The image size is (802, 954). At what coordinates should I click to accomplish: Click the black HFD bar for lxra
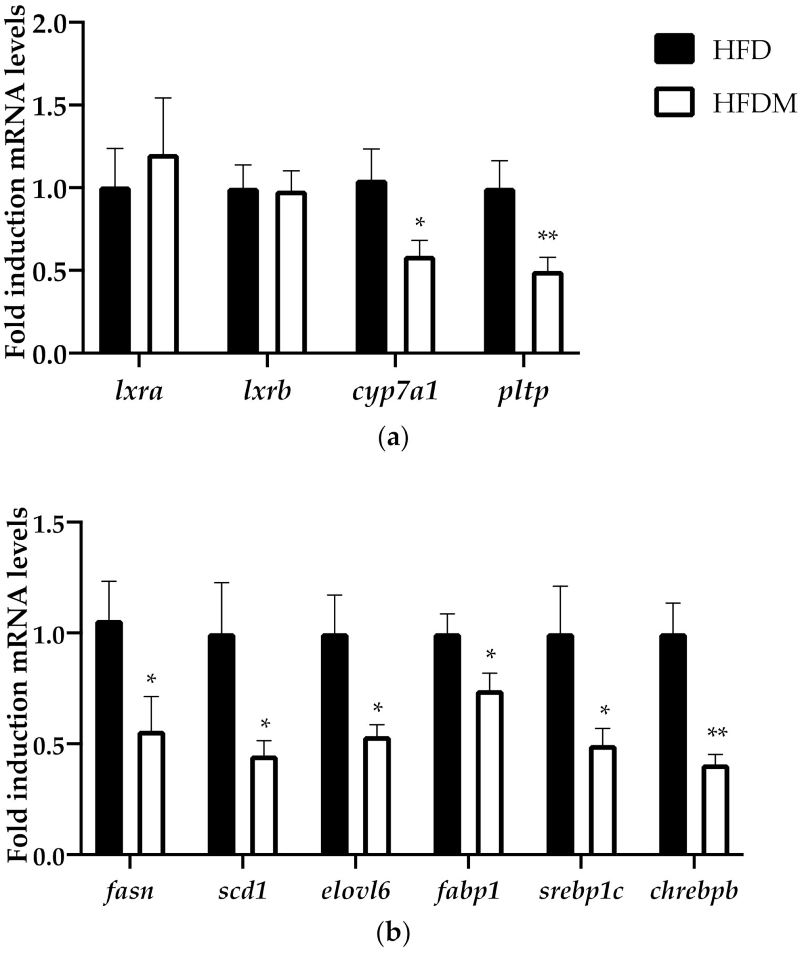pos(114,270)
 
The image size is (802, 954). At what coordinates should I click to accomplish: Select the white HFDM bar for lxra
pos(163,255)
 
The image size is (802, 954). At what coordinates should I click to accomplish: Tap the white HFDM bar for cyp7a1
pos(419,305)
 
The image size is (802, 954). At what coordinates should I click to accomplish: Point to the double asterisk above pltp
pos(547,237)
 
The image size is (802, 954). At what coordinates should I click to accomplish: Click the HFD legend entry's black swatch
pos(674,49)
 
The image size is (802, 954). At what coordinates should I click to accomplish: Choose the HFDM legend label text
pos(754,103)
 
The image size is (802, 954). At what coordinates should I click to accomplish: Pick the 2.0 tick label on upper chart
pos(50,23)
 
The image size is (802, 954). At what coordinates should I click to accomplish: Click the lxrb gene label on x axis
pos(267,391)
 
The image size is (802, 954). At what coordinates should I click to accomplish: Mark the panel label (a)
pos(393,437)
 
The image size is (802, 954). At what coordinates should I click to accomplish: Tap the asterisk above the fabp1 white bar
pos(491,655)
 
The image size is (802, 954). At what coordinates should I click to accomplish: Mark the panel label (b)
pos(393,932)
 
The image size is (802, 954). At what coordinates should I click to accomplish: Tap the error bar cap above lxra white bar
pos(163,98)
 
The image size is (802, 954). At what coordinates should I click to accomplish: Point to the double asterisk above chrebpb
pos(717,733)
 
